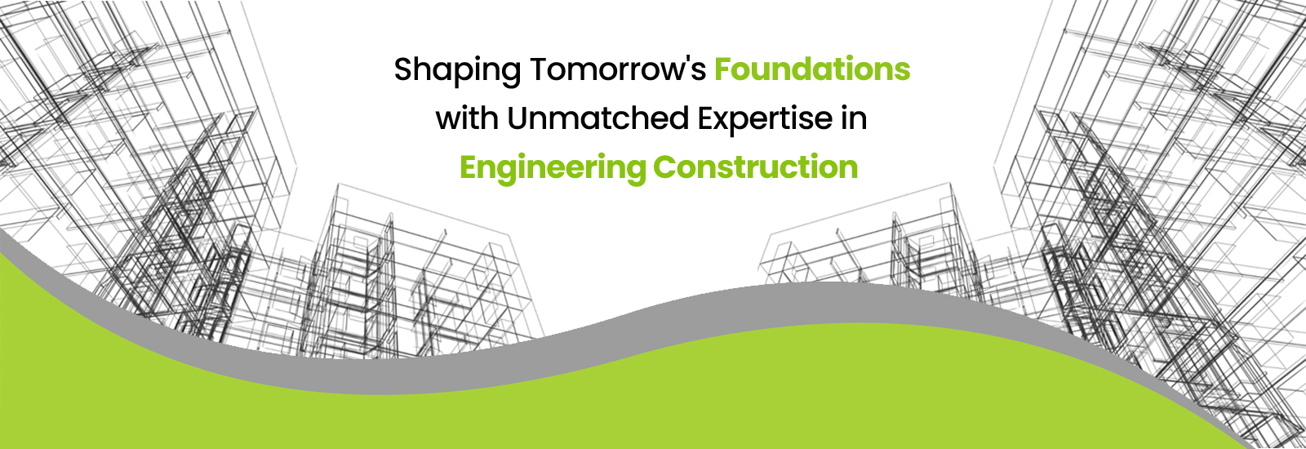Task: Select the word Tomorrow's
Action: click(x=618, y=69)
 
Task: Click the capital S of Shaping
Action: click(x=404, y=69)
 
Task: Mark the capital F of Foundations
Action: click(x=723, y=69)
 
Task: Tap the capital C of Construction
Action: click(x=664, y=167)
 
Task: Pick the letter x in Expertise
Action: click(x=727, y=122)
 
